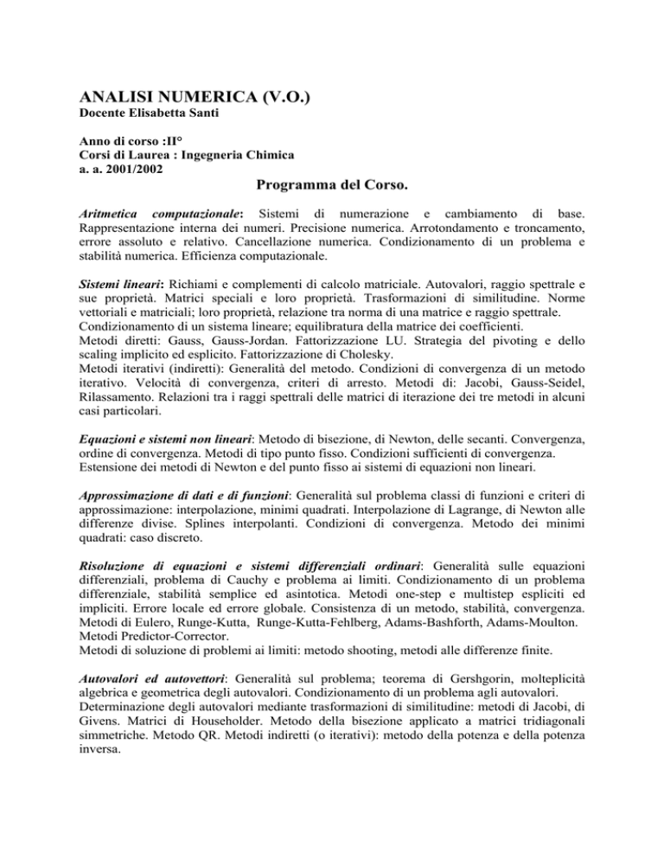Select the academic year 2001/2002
[x=130, y=168]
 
